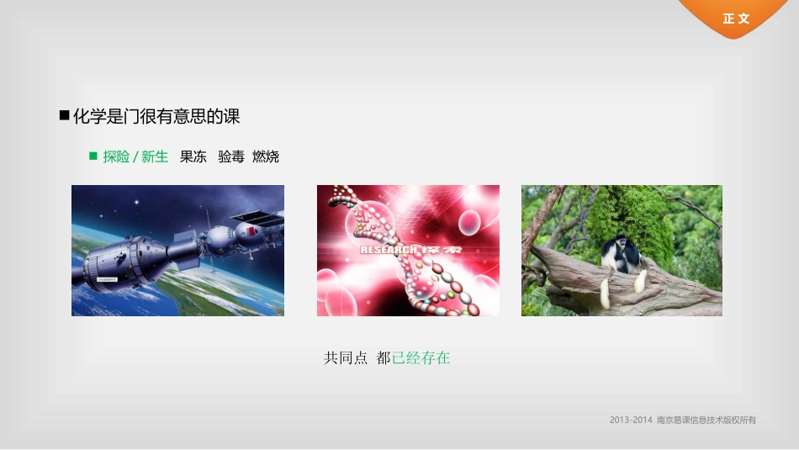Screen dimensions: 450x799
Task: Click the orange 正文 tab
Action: click(x=736, y=19)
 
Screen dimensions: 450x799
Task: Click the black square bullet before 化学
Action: click(x=64, y=116)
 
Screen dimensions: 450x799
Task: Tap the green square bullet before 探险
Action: click(x=93, y=156)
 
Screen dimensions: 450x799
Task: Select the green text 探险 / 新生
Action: click(x=135, y=156)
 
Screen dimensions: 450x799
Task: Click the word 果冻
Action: click(x=193, y=156)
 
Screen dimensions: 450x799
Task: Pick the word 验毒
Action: click(x=230, y=156)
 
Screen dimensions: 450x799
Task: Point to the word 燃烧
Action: click(x=266, y=156)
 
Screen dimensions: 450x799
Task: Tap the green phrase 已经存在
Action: click(x=421, y=357)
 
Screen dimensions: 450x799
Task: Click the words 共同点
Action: click(x=346, y=357)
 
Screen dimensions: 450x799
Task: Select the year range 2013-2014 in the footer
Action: click(x=631, y=420)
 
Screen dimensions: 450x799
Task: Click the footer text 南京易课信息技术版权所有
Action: click(x=706, y=420)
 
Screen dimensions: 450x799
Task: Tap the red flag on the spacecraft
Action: click(x=250, y=230)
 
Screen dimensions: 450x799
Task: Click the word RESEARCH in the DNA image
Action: click(x=389, y=250)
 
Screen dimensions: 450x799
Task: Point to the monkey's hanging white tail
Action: click(x=605, y=290)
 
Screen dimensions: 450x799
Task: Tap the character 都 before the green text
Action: click(x=384, y=357)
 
